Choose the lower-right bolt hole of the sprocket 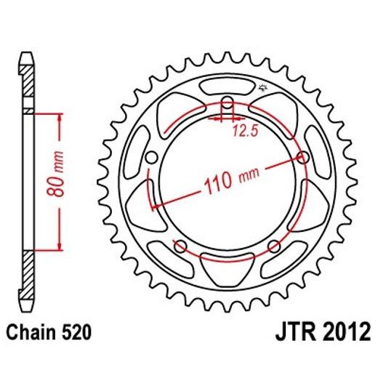tap(274, 246)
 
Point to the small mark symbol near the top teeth tap(263, 89)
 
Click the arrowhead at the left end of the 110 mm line tap(154, 207)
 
